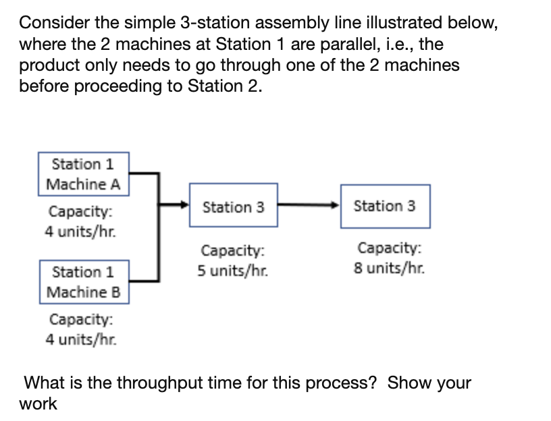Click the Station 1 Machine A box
(84, 174)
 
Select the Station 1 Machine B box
(84, 282)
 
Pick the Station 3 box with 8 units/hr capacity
(384, 206)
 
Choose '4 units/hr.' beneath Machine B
(80, 339)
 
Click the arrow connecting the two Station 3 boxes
(308, 203)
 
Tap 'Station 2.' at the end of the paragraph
(226, 86)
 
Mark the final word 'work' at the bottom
(38, 404)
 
